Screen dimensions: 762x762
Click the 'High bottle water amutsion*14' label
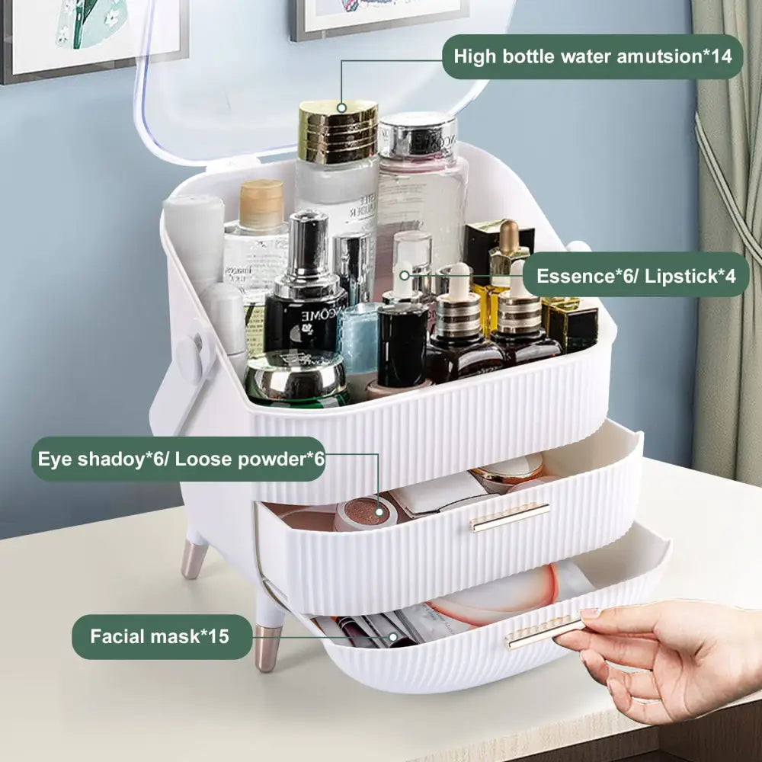click(x=592, y=56)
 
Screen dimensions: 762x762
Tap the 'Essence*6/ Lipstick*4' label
click(x=636, y=276)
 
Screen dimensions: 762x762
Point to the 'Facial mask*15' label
click(x=162, y=636)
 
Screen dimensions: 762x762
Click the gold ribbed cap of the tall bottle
click(x=338, y=131)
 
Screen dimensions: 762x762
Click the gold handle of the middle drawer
click(x=509, y=517)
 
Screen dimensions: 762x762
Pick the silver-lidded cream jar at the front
click(x=296, y=378)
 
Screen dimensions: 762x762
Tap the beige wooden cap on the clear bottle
click(x=261, y=203)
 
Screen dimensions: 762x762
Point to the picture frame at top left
click(x=92, y=38)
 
